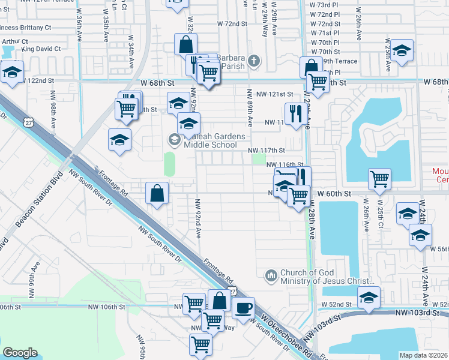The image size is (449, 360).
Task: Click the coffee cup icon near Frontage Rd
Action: (243, 308)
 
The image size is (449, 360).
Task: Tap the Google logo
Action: (20, 353)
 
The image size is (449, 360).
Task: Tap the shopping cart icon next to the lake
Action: (379, 179)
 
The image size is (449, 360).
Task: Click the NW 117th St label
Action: (267, 150)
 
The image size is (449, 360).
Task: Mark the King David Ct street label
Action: (41, 49)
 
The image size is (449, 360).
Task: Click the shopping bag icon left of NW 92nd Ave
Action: (157, 193)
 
